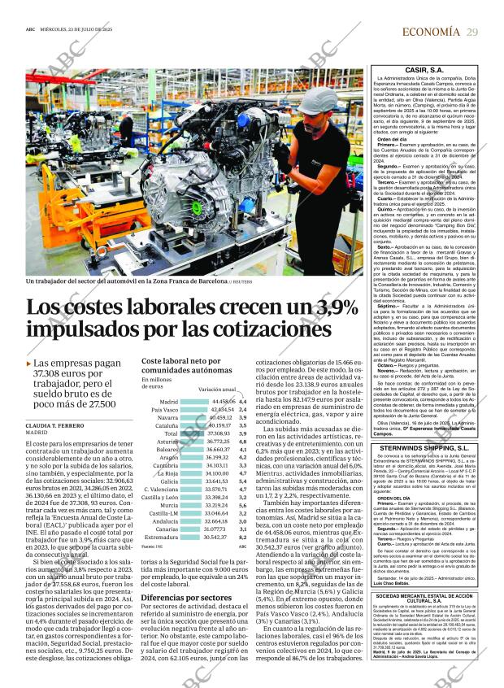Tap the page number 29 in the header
[472, 32]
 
